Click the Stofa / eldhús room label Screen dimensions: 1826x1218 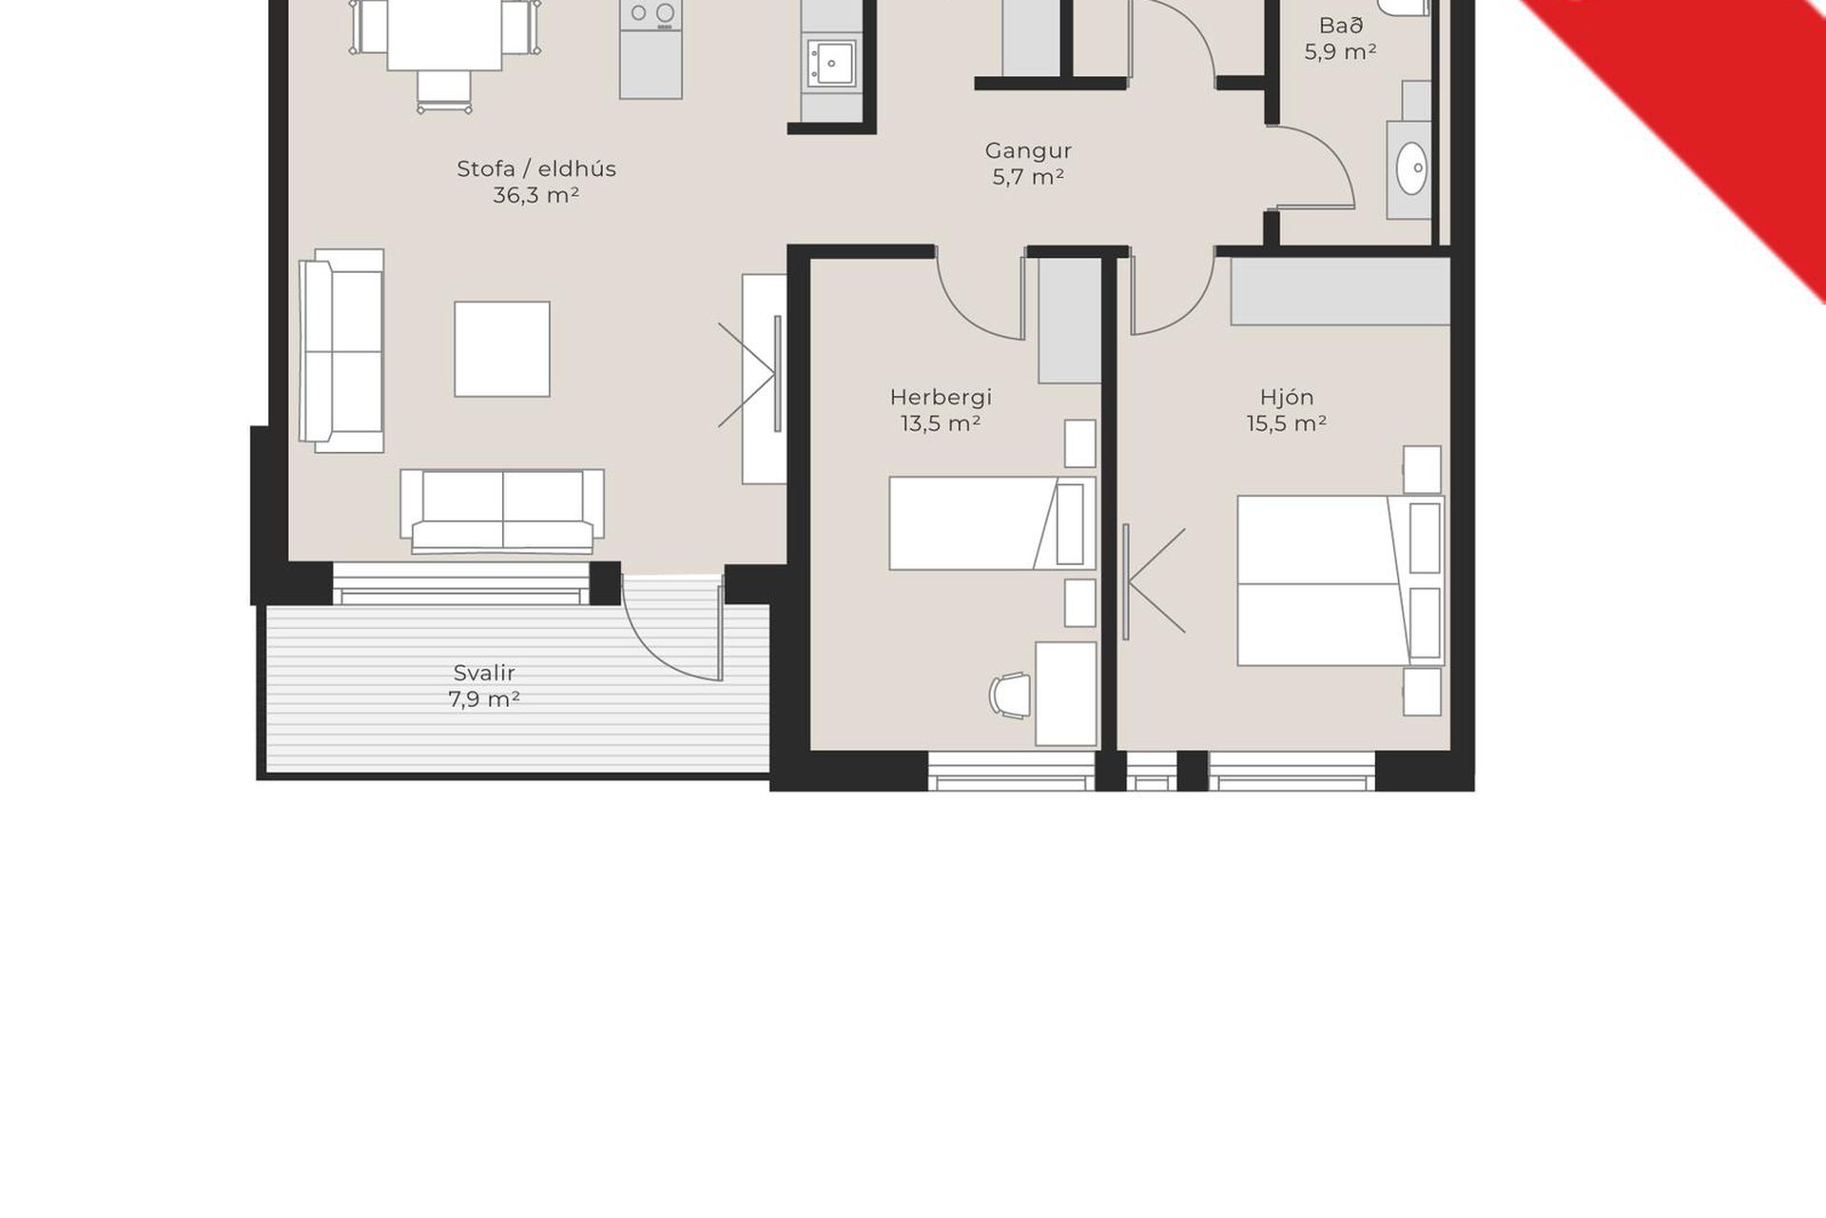pyautogui.click(x=536, y=169)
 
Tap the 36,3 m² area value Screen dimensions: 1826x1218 pyautogui.click(x=536, y=195)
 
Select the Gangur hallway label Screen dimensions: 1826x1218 pyautogui.click(x=1028, y=151)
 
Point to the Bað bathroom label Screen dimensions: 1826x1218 pyautogui.click(x=1341, y=26)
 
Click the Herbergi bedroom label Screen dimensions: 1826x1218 pyautogui.click(x=941, y=398)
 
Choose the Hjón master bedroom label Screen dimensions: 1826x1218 pyautogui.click(x=1287, y=398)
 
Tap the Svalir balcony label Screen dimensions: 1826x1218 pyautogui.click(x=484, y=674)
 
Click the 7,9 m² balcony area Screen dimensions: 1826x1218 pyautogui.click(x=484, y=699)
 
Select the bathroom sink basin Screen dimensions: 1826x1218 pyautogui.click(x=1411, y=169)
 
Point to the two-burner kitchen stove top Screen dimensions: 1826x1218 pyautogui.click(x=651, y=13)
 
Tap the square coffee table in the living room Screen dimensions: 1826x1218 pyautogui.click(x=502, y=349)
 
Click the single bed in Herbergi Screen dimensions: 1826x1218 pyautogui.click(x=992, y=523)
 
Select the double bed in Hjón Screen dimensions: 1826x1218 pyautogui.click(x=1341, y=580)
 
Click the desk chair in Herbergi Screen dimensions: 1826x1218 pyautogui.click(x=1010, y=696)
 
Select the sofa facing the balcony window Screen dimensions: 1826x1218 pyautogui.click(x=502, y=511)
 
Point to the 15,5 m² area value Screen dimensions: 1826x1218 pyautogui.click(x=1287, y=423)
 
